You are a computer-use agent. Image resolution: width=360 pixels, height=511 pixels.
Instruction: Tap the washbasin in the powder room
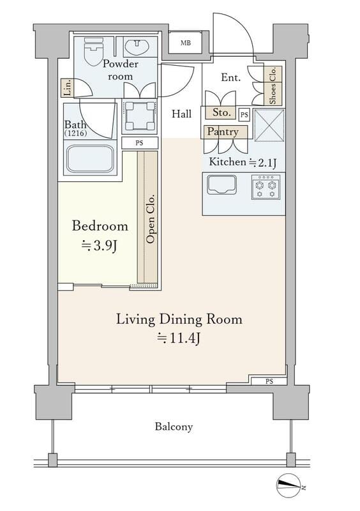tap(137, 46)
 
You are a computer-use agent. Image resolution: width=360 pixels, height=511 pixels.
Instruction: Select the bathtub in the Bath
tap(90, 158)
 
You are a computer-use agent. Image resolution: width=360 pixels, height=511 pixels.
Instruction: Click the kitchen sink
tap(222, 185)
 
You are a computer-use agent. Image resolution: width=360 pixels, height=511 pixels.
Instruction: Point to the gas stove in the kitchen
tap(266, 187)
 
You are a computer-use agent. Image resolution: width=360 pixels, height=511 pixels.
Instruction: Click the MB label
tap(186, 43)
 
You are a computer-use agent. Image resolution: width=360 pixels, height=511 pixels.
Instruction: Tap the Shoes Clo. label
tap(273, 86)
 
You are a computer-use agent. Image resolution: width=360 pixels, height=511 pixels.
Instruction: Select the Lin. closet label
tap(68, 88)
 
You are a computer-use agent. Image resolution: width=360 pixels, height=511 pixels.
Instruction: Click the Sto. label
tap(221, 112)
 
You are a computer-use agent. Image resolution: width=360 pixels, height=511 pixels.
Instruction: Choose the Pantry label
tap(223, 132)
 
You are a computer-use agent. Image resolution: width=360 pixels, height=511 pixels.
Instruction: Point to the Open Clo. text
tap(151, 219)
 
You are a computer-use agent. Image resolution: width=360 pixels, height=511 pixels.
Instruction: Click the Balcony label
tap(174, 427)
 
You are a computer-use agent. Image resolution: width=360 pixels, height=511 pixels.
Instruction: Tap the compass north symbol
tap(289, 485)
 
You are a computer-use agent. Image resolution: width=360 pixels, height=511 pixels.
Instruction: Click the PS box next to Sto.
tap(244, 115)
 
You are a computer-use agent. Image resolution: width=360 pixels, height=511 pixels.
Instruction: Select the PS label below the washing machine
tap(139, 142)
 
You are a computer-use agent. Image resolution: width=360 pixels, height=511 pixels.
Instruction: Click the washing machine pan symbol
tap(139, 116)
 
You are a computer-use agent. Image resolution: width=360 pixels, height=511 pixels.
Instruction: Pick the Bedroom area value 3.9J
tap(99, 246)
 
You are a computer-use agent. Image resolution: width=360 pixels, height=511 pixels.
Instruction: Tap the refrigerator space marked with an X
tap(269, 125)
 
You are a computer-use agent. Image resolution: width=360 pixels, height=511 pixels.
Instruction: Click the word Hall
tap(181, 114)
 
